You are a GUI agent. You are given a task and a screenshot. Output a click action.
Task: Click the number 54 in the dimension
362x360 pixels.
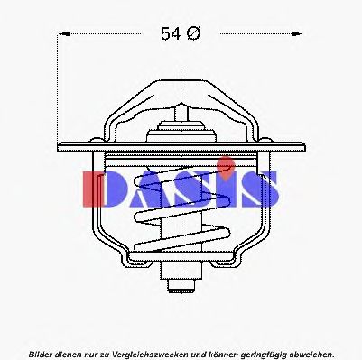click(171, 34)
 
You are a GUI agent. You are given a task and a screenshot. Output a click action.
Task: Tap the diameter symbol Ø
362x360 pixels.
click(193, 34)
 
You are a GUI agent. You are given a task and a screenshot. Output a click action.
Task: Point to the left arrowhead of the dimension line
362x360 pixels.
click(64, 34)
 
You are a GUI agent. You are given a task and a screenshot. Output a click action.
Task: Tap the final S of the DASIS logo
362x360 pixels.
click(261, 188)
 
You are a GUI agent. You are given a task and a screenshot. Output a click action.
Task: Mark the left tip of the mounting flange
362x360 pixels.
click(59, 144)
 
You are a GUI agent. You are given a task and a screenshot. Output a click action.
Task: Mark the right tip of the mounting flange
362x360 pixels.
click(302, 144)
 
